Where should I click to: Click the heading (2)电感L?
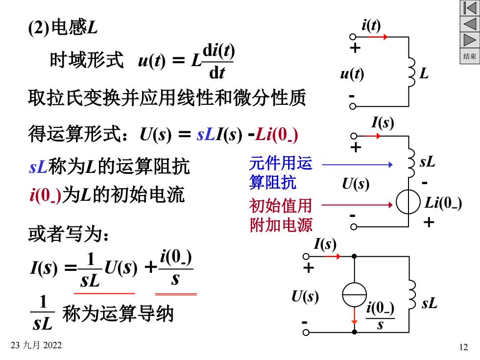(63, 27)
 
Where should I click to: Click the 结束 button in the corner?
(470, 56)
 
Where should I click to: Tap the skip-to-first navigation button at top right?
(470, 8)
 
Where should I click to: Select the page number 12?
(463, 347)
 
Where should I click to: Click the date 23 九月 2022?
(36, 345)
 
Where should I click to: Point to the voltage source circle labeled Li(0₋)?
(408, 202)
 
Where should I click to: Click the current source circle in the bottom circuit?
(354, 294)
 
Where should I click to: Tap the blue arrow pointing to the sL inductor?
(357, 165)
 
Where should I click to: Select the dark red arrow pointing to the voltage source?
(357, 205)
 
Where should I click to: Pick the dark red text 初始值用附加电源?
(281, 215)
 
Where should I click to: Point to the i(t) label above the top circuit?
(371, 25)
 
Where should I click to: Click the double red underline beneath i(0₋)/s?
(176, 294)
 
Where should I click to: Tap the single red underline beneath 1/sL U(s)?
(104, 293)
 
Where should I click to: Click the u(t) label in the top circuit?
(352, 74)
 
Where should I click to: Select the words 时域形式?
(87, 60)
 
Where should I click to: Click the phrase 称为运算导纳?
(118, 313)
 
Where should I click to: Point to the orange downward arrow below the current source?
(354, 315)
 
